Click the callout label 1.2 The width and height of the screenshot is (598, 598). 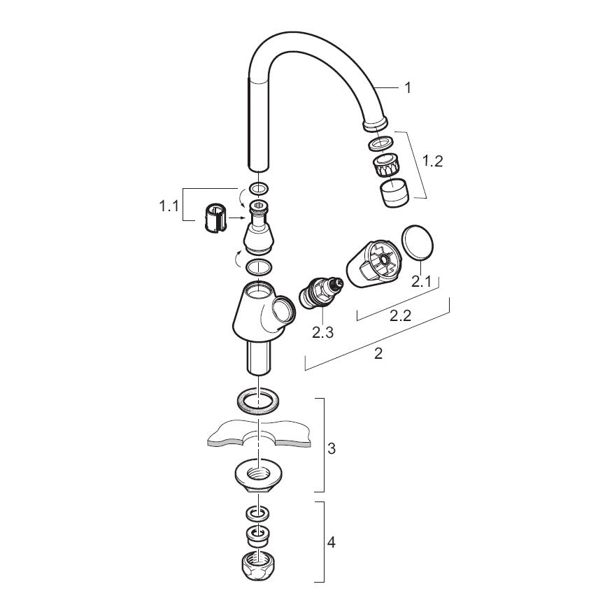(433, 162)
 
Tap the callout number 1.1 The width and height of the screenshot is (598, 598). (169, 206)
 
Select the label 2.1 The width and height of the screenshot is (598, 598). (421, 282)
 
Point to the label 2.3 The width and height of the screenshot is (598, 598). (322, 332)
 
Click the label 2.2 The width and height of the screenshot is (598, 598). (401, 315)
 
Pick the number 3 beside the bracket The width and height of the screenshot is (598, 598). (332, 448)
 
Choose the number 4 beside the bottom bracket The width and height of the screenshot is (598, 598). (332, 542)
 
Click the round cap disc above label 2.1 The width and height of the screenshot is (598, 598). (418, 242)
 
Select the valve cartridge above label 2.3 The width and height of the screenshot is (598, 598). (322, 292)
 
